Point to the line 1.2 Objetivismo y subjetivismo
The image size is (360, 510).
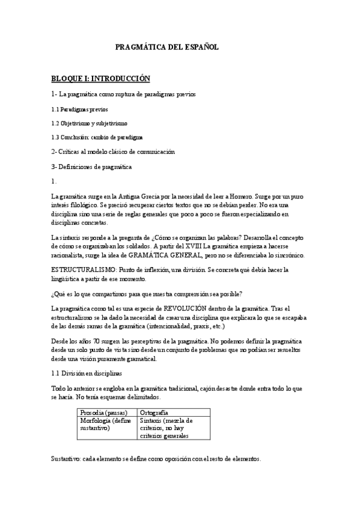pyautogui.click(x=89, y=123)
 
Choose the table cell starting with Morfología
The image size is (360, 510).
pyautogui.click(x=106, y=424)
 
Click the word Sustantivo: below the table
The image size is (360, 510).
pyautogui.click(x=69, y=458)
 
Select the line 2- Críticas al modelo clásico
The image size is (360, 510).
pyautogui.click(x=112, y=152)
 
